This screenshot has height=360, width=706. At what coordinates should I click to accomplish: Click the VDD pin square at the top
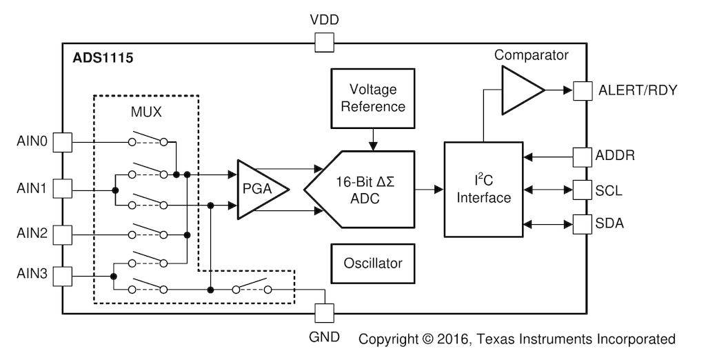tap(323, 43)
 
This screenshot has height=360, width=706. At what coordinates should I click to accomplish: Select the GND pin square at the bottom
tap(323, 313)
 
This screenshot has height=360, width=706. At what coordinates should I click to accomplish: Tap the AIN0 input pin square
tap(63, 142)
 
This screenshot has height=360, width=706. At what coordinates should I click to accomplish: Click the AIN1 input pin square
tap(63, 188)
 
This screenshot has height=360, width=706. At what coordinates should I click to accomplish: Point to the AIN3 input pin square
tap(63, 277)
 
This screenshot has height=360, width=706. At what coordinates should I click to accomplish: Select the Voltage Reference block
tap(373, 99)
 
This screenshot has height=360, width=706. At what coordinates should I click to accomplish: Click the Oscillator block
tap(373, 263)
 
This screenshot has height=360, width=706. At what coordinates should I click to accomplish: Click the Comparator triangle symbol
tap(520, 90)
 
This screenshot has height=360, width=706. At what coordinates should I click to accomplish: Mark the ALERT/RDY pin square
tap(583, 90)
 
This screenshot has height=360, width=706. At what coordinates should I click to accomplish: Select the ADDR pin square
tap(583, 156)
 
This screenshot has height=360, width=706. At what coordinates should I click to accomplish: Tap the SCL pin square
tap(583, 189)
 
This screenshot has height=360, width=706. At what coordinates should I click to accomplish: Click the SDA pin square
tap(583, 223)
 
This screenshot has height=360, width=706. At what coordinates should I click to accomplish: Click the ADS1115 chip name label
tap(103, 58)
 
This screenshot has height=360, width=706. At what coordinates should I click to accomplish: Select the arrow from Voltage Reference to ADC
tap(373, 140)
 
